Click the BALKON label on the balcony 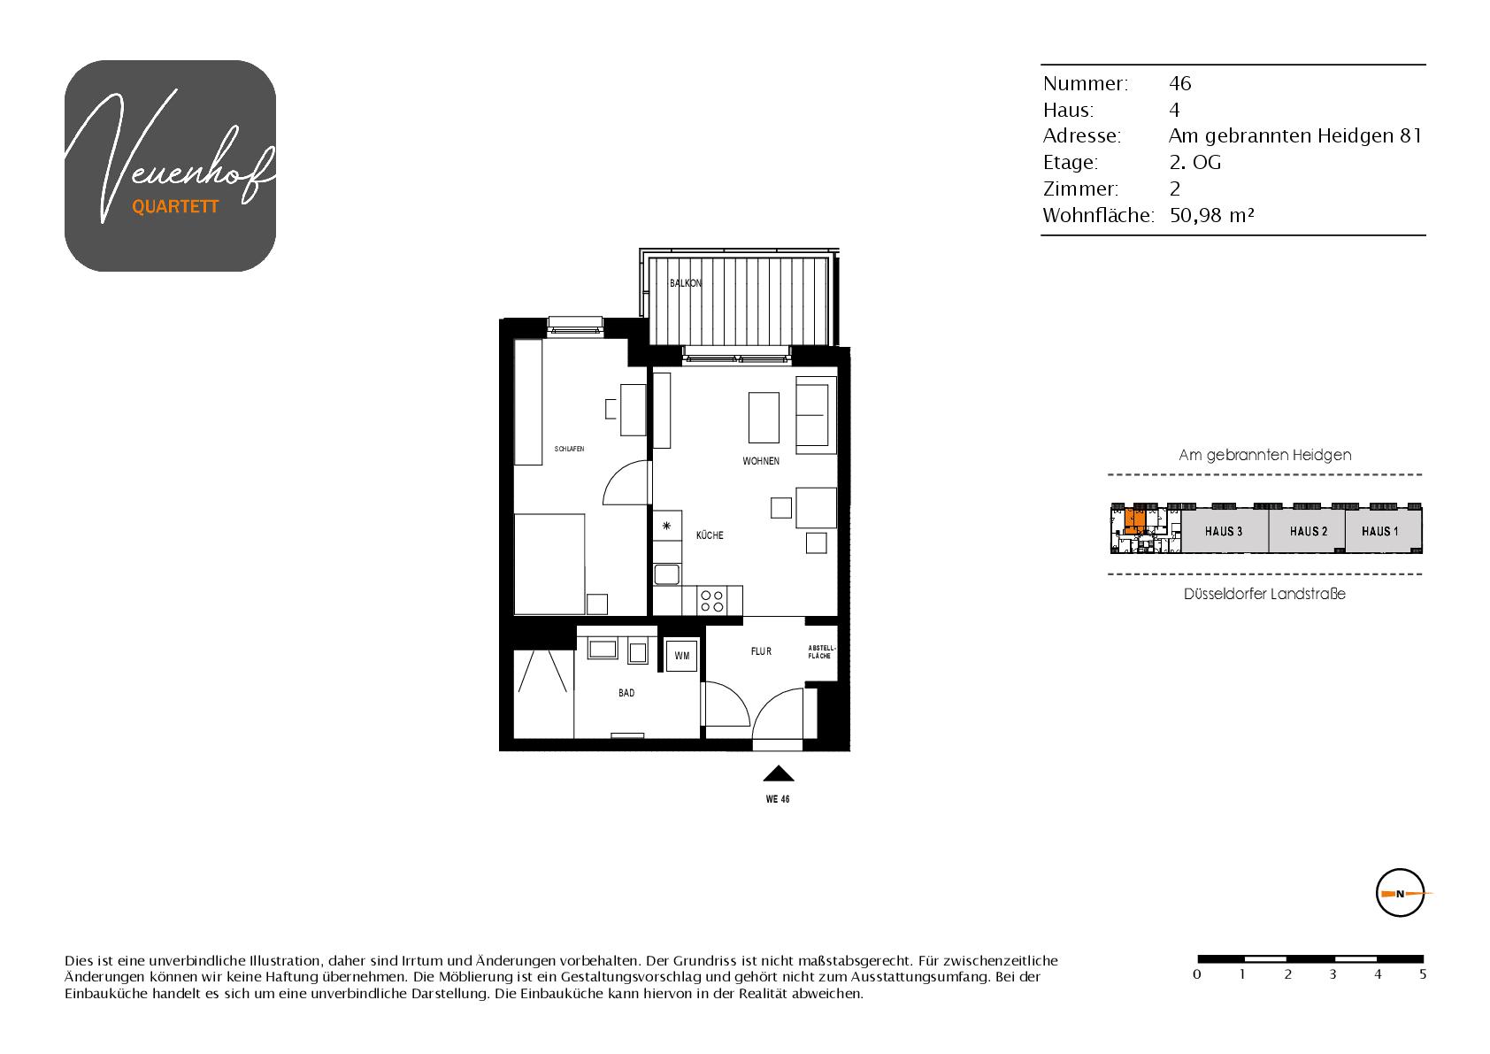point(685,283)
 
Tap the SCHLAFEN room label point(570,450)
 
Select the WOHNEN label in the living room point(761,461)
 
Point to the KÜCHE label point(710,535)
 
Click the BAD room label point(626,693)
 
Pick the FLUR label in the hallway point(761,651)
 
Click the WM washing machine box point(682,656)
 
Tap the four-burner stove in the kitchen point(711,601)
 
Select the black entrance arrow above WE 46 point(779,773)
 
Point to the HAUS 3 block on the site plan point(1225,531)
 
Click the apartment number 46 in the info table point(1180,83)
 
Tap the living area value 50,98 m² point(1212,216)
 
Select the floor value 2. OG point(1195,162)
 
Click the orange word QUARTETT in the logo point(175,207)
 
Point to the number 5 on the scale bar point(1422,974)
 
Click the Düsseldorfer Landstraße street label point(1264,594)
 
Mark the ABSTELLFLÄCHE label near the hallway point(821,652)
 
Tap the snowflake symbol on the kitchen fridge point(666,526)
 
